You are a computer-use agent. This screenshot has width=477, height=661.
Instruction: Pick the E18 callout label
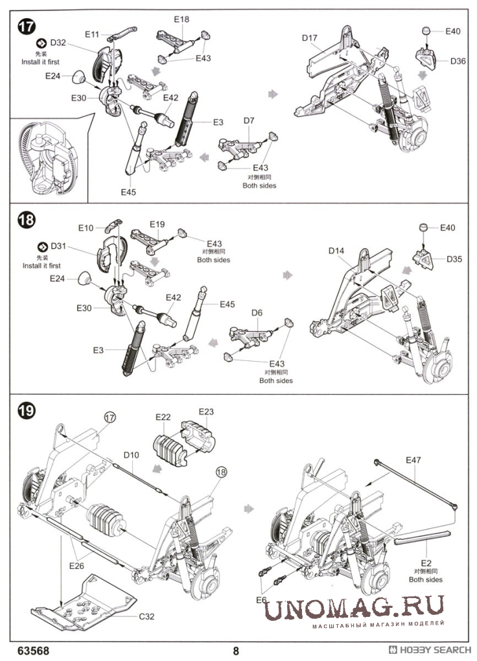[x=182, y=19]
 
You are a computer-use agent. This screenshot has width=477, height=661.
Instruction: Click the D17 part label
[x=310, y=38]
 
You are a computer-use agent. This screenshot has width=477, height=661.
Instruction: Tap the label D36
[x=459, y=62]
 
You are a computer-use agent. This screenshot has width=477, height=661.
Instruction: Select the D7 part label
[x=250, y=121]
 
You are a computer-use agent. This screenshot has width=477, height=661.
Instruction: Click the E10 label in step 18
[x=86, y=227]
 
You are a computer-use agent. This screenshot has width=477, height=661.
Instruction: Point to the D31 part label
[x=58, y=246]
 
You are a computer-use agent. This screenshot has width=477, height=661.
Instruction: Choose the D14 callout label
[x=336, y=250]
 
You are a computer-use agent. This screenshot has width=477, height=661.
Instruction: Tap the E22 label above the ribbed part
[x=163, y=416]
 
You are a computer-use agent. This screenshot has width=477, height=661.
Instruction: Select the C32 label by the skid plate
[x=148, y=616]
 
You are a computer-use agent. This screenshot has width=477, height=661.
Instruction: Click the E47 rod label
[x=413, y=460]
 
